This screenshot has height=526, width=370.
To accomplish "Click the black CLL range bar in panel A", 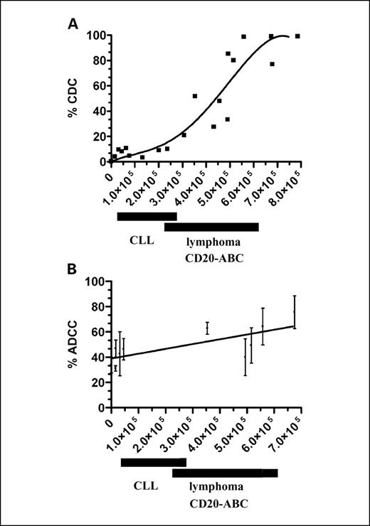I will [147, 217].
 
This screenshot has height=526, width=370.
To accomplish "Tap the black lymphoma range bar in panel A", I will [211, 227].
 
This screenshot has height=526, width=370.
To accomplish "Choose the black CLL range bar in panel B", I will [153, 462].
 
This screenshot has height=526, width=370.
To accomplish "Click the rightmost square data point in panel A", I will [297, 36].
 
